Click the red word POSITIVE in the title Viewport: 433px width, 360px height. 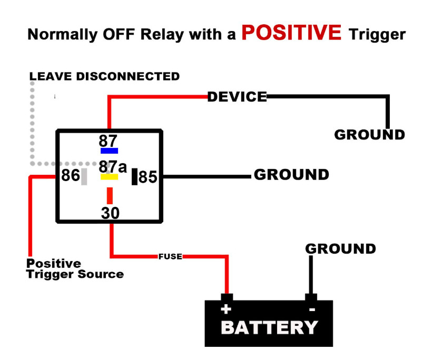click(x=291, y=33)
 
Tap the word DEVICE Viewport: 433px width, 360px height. click(x=237, y=97)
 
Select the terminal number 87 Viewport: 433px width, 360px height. click(x=109, y=141)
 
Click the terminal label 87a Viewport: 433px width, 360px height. click(x=113, y=167)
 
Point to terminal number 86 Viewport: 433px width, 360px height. click(x=70, y=175)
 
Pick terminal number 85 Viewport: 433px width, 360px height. click(x=148, y=177)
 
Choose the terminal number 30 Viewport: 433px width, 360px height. click(x=110, y=213)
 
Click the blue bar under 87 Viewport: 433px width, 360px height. click(x=109, y=151)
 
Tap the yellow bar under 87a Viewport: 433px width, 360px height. click(x=109, y=177)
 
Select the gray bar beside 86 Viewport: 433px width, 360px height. click(x=84, y=176)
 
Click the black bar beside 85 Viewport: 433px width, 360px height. click(x=134, y=176)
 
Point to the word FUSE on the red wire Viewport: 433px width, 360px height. click(x=170, y=257)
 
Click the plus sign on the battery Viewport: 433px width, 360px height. click(x=227, y=309)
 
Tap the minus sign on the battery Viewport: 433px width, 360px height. click(x=312, y=309)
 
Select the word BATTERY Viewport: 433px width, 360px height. click(x=269, y=327)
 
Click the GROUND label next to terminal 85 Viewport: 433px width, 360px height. click(x=291, y=175)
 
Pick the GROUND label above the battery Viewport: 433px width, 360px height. click(x=341, y=248)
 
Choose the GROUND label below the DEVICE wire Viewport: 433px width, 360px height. click(x=369, y=135)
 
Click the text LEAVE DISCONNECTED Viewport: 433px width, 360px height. click(x=104, y=76)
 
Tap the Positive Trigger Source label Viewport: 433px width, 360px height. click(x=75, y=268)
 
